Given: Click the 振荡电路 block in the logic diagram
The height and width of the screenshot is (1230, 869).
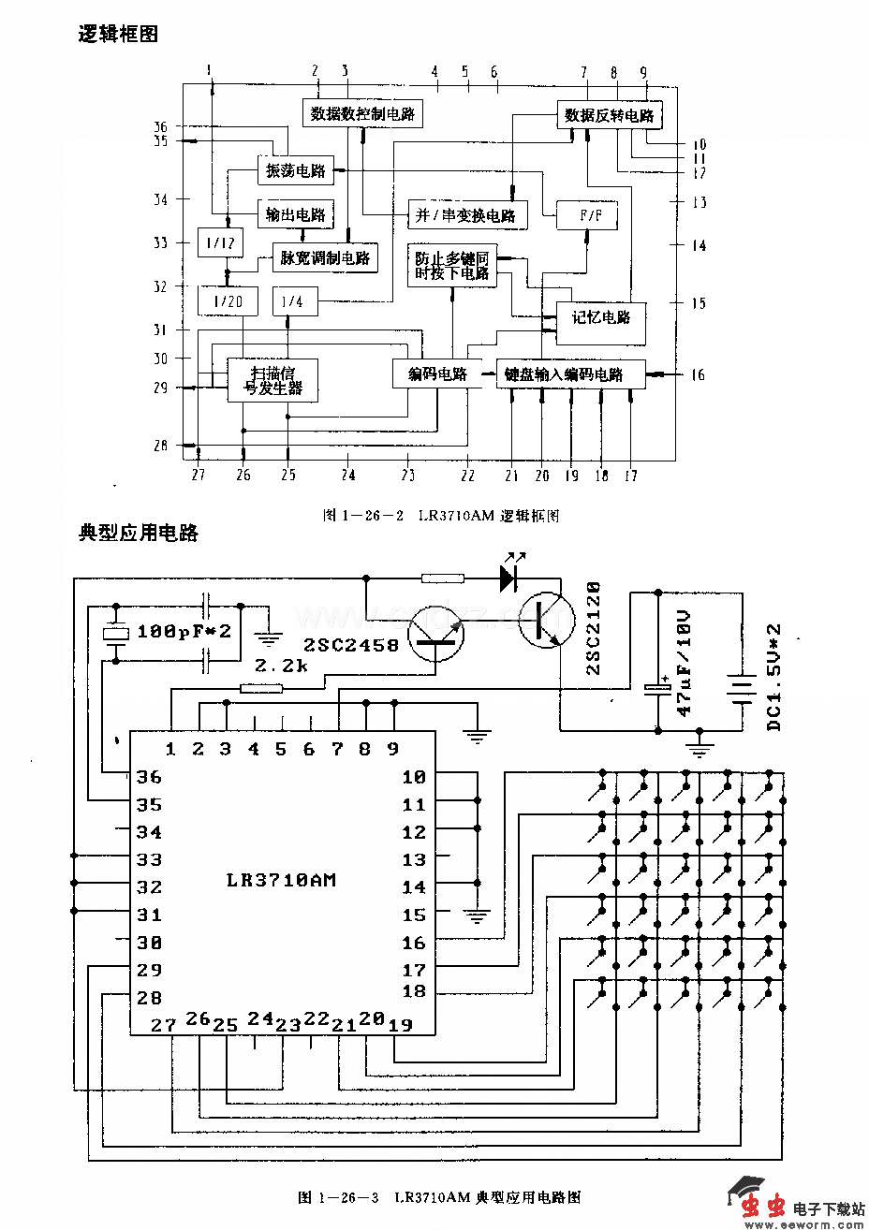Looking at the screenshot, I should click(295, 170).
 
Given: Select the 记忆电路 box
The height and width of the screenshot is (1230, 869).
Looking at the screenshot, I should click(600, 316).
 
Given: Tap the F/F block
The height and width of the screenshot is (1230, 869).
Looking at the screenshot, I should click(591, 215).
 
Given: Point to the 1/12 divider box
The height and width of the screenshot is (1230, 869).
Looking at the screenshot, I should click(220, 242).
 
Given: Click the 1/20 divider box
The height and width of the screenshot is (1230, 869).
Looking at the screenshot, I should click(227, 300).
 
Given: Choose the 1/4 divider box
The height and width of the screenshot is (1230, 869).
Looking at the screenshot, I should click(294, 301).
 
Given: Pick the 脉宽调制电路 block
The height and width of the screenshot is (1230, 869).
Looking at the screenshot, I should click(325, 257).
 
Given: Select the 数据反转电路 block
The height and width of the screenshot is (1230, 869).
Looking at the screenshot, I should click(609, 115).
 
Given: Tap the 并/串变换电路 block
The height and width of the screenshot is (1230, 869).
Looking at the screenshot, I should click(466, 215).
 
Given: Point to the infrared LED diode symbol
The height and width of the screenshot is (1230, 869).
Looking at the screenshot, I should click(508, 578).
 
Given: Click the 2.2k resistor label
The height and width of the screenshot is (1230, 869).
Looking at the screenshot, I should click(282, 666).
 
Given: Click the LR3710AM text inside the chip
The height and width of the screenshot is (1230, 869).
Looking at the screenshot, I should click(281, 880).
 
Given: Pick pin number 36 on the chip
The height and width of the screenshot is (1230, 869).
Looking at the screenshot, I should click(149, 777).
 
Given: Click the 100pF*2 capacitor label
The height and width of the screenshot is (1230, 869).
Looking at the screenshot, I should click(184, 632).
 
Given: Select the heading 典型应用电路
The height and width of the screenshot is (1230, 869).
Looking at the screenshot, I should click(139, 533).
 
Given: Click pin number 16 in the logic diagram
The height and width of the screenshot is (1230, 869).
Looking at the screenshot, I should click(698, 375).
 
